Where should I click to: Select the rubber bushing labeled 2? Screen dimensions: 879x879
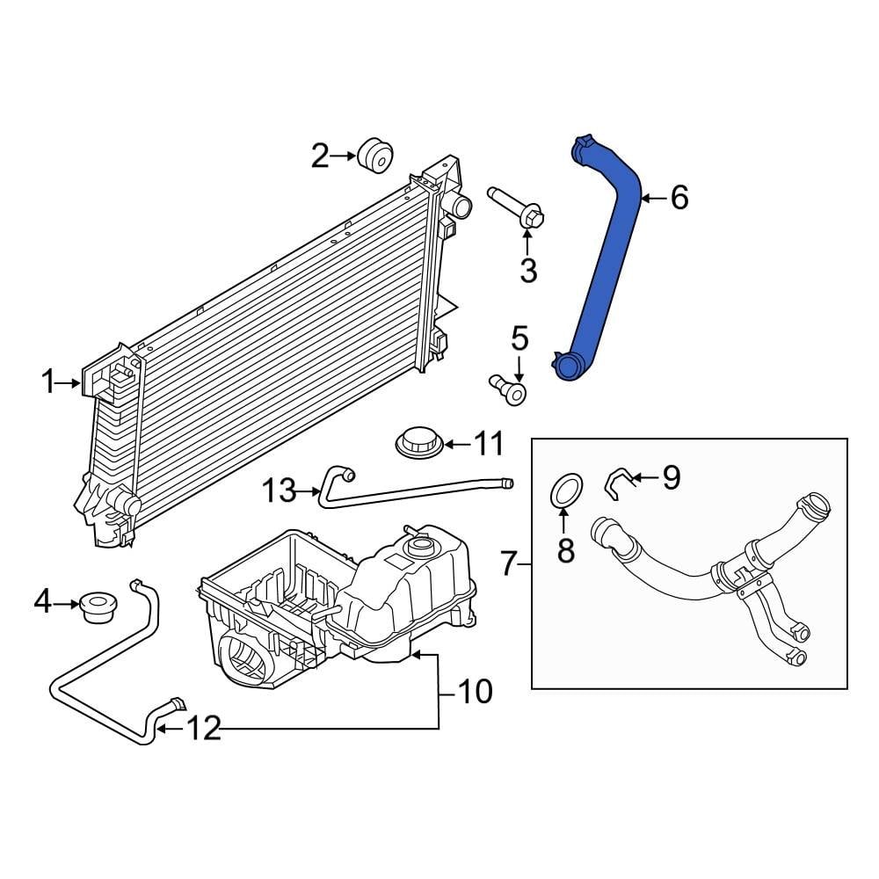[375, 156]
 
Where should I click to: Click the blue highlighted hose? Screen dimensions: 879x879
[607, 264]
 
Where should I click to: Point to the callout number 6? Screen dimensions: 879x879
[679, 199]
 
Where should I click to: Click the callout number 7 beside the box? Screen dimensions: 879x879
[510, 563]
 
